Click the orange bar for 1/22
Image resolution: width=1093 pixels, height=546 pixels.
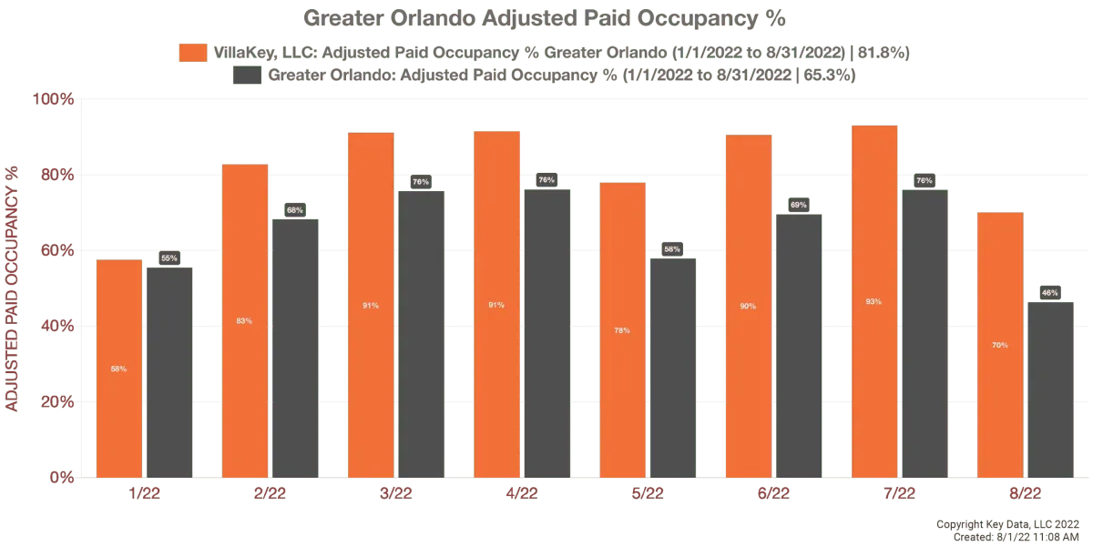pyautogui.click(x=119, y=369)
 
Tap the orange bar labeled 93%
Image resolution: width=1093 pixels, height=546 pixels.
pyautogui.click(x=873, y=301)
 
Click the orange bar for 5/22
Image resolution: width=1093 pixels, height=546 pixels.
pyautogui.click(x=622, y=329)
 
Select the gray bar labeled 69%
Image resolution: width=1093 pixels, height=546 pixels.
pyautogui.click(x=798, y=345)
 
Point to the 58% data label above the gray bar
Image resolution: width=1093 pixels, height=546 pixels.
pyautogui.click(x=672, y=248)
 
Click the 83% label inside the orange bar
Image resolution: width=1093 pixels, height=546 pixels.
pyautogui.click(x=244, y=320)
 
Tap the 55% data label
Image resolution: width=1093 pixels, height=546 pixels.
pyautogui.click(x=169, y=258)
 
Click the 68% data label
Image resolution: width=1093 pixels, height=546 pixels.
pyautogui.click(x=295, y=210)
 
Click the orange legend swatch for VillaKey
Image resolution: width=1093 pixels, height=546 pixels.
pyautogui.click(x=193, y=53)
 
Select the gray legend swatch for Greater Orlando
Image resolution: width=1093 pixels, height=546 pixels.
pyautogui.click(x=247, y=76)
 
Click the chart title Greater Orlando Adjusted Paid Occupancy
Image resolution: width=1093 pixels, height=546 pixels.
pyautogui.click(x=544, y=18)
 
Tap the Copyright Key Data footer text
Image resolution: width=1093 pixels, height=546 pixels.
pyautogui.click(x=1006, y=525)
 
